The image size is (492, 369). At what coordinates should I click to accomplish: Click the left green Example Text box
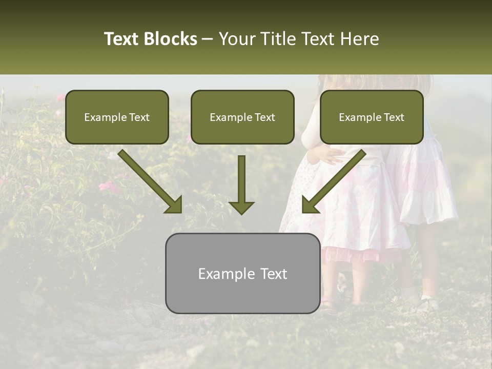(x=117, y=117)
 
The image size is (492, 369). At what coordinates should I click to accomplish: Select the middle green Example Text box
(x=242, y=117)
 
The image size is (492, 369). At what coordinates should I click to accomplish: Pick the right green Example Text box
(x=372, y=117)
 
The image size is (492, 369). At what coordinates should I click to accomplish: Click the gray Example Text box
(x=242, y=273)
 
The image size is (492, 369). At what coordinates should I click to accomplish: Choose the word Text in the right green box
(x=394, y=117)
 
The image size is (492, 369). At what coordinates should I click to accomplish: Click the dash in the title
(x=208, y=39)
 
